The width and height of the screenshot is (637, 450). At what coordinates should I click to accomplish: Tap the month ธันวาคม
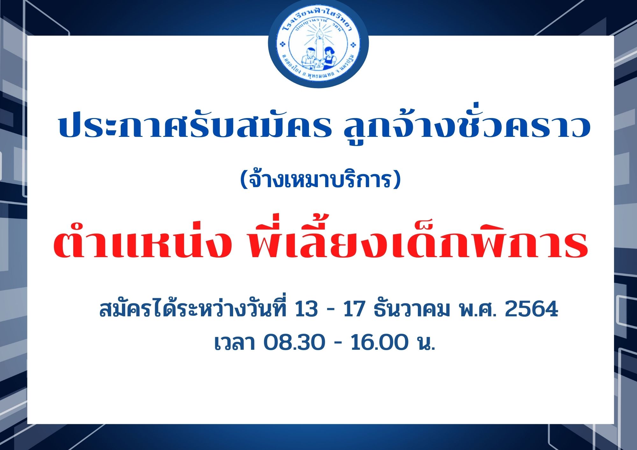point(412,308)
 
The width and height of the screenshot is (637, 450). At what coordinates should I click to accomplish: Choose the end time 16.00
point(379,342)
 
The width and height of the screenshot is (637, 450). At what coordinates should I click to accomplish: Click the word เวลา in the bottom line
point(235,342)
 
